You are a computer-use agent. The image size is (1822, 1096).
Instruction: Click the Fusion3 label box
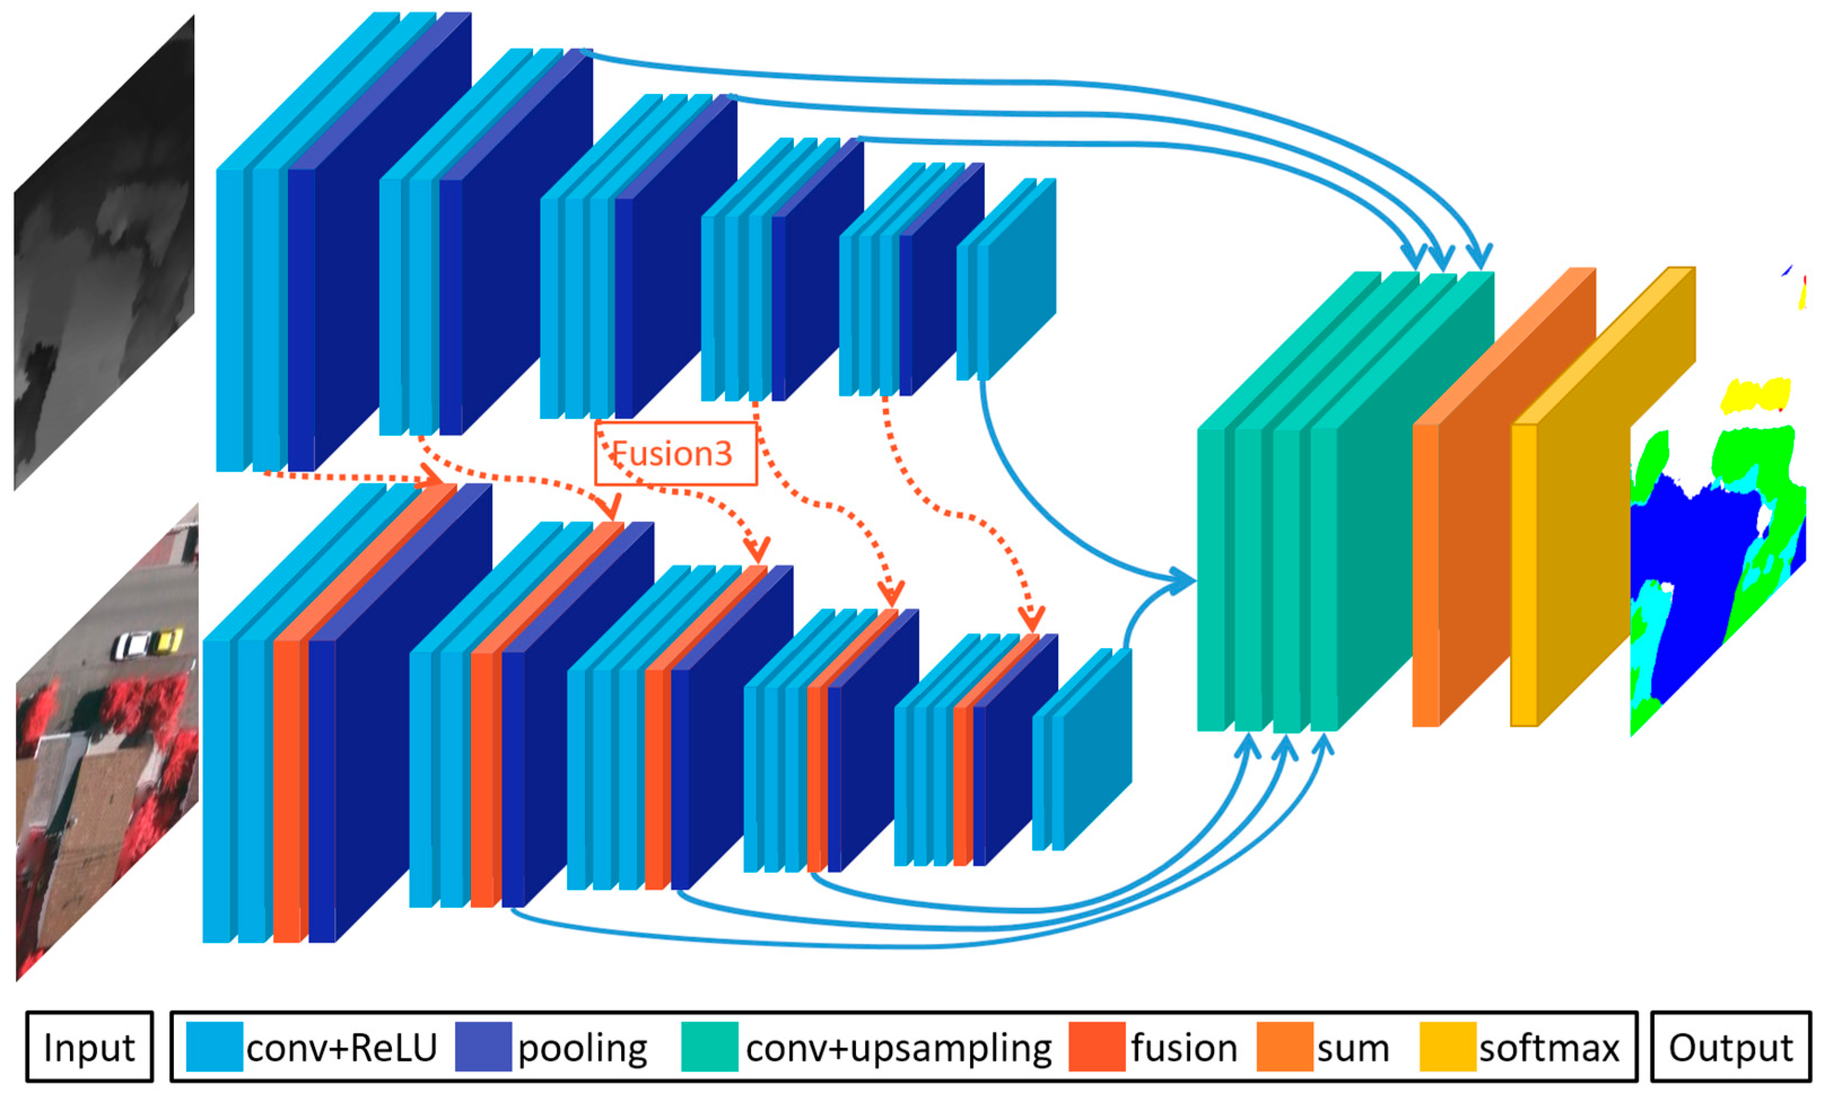(675, 453)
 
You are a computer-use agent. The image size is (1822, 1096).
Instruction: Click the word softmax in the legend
(1549, 1047)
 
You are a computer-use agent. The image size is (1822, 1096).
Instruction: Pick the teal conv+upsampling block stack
(1315, 532)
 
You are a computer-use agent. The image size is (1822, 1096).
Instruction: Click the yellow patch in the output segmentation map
(1755, 395)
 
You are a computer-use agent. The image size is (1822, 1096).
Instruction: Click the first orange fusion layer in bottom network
(287, 790)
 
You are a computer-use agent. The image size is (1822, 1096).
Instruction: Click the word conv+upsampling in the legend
(898, 1047)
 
